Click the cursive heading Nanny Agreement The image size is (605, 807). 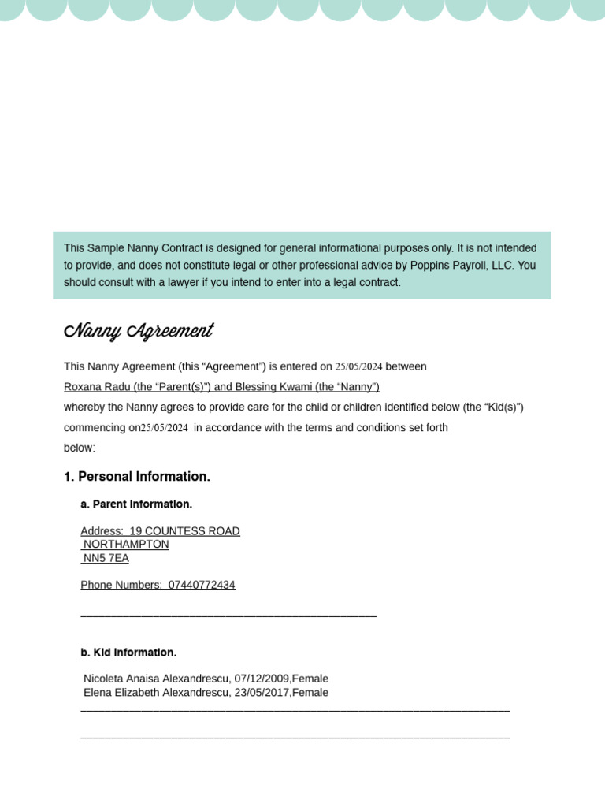[x=139, y=331]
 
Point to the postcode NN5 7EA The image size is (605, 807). [x=106, y=558]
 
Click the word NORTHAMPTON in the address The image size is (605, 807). [x=126, y=544]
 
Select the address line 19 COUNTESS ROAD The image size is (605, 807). [x=185, y=531]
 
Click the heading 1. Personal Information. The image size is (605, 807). [x=137, y=477]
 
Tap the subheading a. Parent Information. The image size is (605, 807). [x=136, y=504]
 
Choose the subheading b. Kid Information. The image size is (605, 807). [x=128, y=653]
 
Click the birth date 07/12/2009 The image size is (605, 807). [x=262, y=679]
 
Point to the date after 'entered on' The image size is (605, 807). [x=358, y=366]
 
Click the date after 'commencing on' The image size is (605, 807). [x=165, y=428]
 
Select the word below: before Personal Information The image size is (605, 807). [x=80, y=448]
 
